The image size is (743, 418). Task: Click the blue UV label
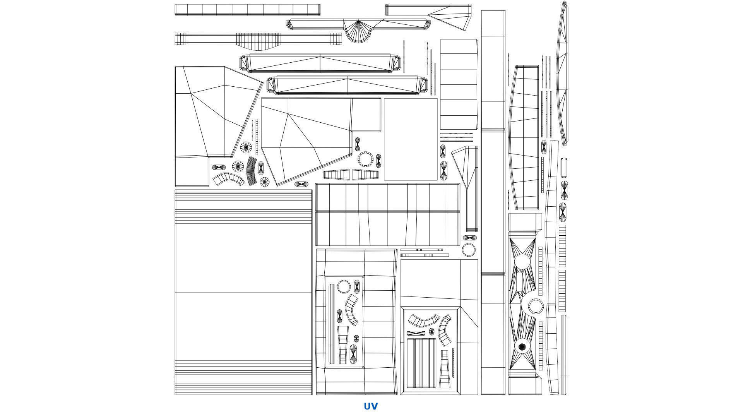[x=370, y=406]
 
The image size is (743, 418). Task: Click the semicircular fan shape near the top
[x=358, y=32]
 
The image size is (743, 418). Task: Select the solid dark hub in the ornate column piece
[x=522, y=347]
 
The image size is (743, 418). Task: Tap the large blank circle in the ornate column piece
[x=522, y=261]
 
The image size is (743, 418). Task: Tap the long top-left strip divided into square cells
[x=248, y=10]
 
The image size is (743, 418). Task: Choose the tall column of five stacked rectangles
[x=459, y=84]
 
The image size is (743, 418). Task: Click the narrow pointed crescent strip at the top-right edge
[x=562, y=74]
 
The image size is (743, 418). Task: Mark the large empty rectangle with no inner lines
[x=411, y=139]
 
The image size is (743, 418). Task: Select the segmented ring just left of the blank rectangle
[x=365, y=159]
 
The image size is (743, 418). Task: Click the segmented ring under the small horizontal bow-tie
[x=469, y=250]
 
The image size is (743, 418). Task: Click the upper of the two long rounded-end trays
[x=320, y=63]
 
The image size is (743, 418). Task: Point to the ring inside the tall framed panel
[x=344, y=287]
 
